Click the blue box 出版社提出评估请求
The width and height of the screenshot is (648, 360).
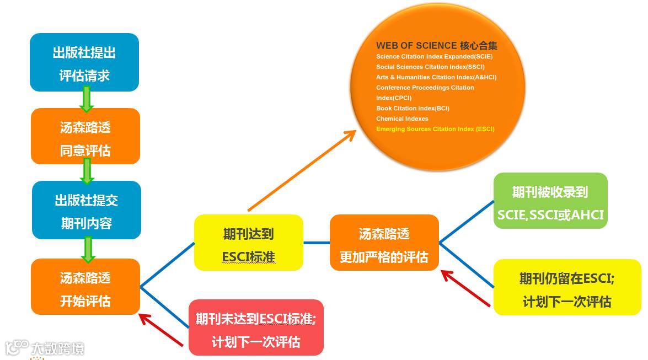click(84, 62)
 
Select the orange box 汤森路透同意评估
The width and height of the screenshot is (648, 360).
click(85, 136)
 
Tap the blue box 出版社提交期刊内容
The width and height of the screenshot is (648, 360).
click(87, 210)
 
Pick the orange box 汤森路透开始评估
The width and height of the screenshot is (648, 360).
click(85, 287)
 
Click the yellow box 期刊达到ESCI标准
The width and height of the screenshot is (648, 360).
click(248, 243)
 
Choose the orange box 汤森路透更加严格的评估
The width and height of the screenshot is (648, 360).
click(384, 243)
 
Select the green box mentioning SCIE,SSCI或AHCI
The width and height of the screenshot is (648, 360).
click(550, 201)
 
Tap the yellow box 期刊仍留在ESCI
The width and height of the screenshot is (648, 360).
click(566, 287)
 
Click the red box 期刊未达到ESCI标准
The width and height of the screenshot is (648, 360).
click(255, 327)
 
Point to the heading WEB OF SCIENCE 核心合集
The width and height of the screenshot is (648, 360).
click(437, 46)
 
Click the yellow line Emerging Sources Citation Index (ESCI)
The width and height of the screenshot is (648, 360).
click(435, 129)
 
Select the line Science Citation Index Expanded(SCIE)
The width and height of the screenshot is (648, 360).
click(434, 56)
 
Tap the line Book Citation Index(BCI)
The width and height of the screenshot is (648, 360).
click(413, 108)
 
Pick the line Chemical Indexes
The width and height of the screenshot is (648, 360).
click(402, 119)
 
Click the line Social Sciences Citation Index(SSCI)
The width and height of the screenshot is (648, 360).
click(430, 67)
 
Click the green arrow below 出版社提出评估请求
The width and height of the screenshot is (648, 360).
click(86, 99)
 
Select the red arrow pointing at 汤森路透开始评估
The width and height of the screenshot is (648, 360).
click(160, 329)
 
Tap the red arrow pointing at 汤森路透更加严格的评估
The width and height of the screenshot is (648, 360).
click(465, 287)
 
